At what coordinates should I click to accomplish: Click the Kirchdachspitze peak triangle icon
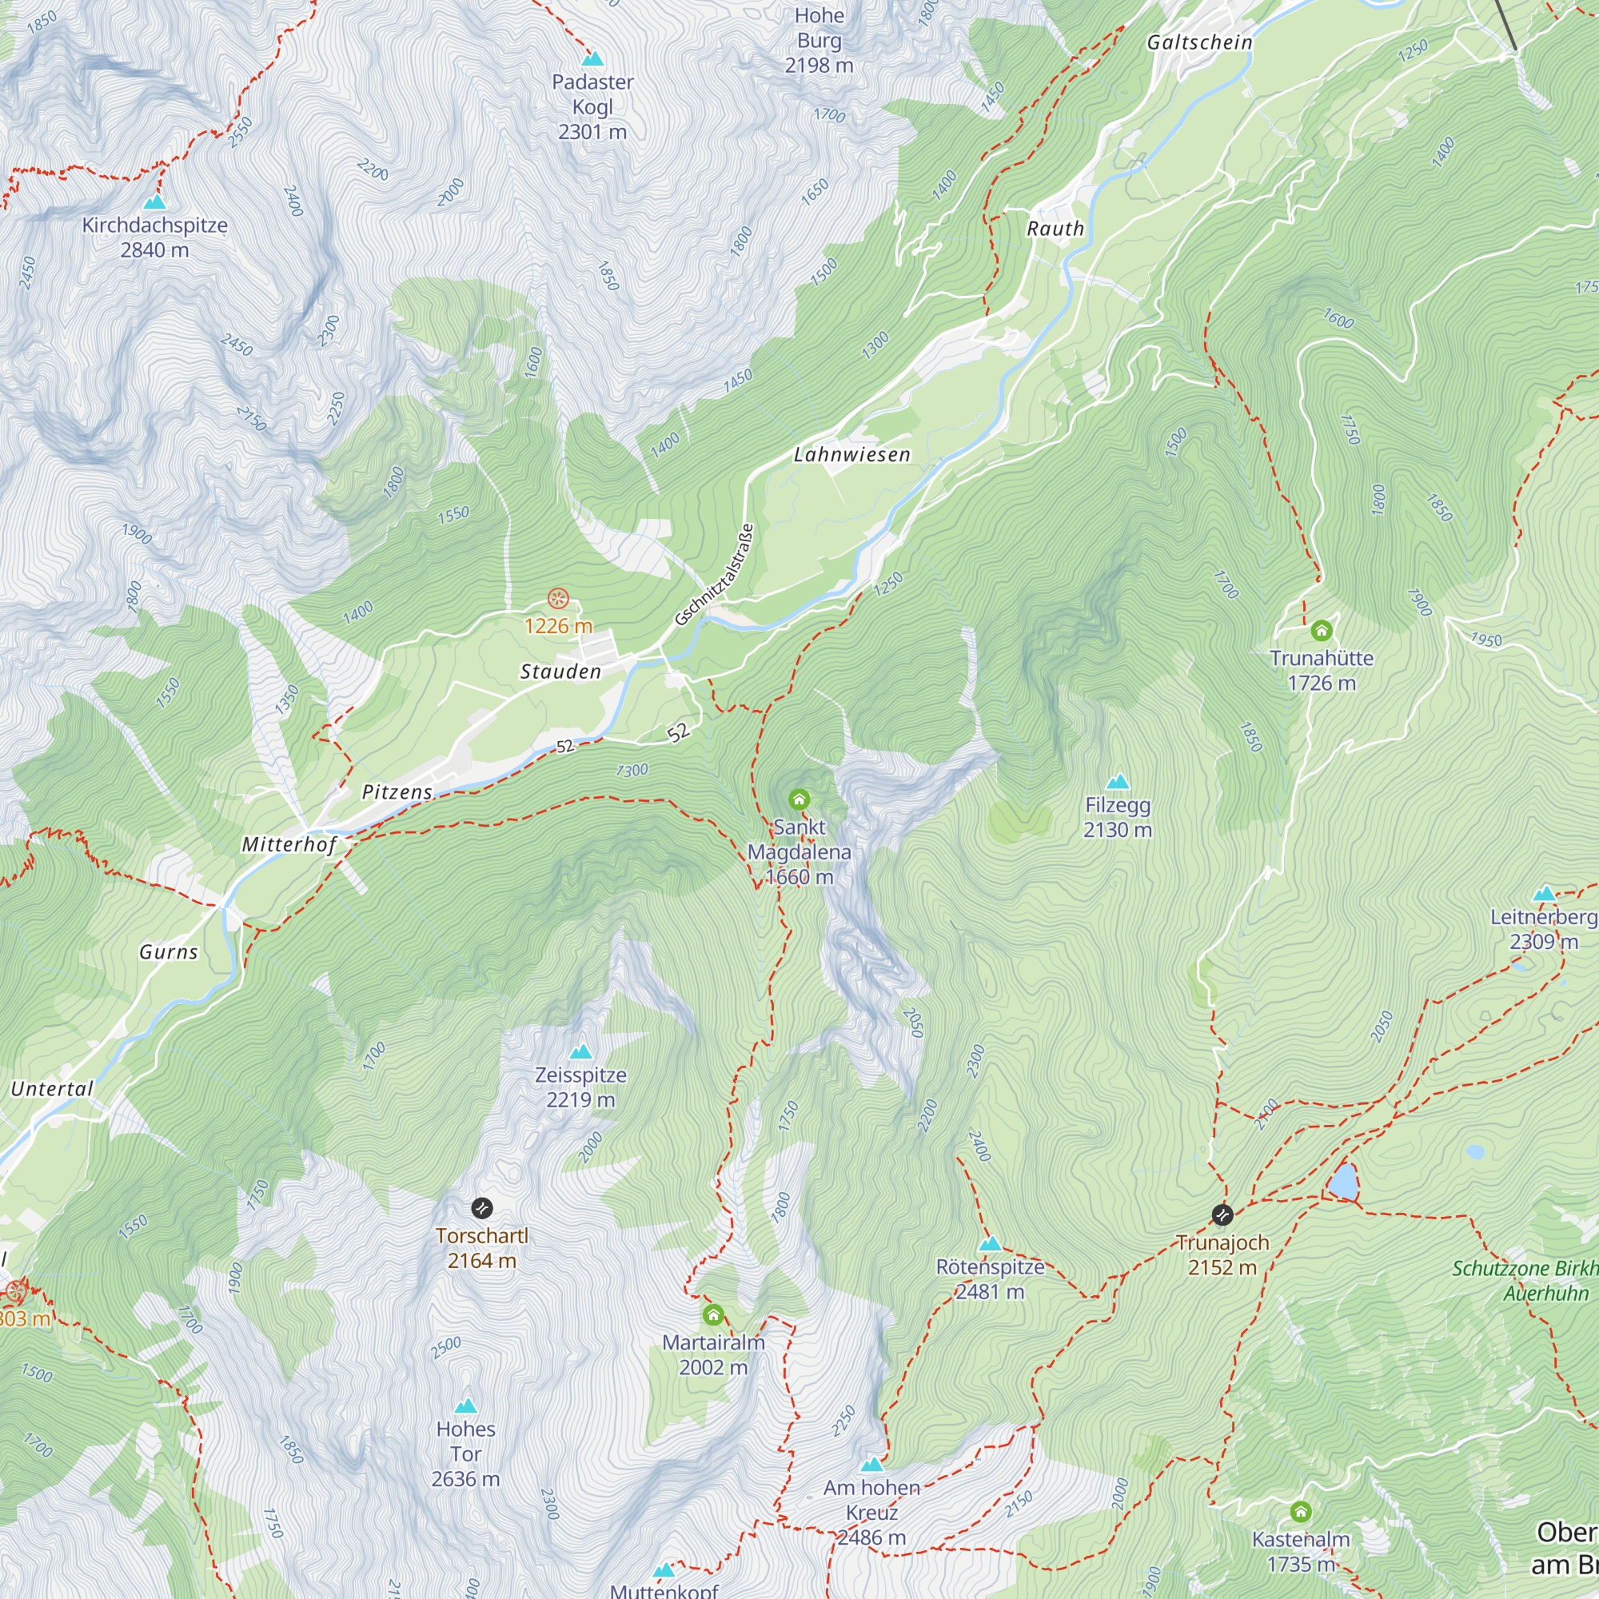pos(154,202)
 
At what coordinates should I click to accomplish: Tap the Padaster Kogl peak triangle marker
pos(592,58)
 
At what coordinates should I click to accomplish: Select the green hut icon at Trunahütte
pos(1322,631)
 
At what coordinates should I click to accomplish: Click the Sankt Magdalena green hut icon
pos(799,799)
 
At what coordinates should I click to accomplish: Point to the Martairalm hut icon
pos(713,1314)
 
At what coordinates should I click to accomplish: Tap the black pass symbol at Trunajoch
pos(1222,1215)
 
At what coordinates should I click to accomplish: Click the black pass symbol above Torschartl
pos(481,1208)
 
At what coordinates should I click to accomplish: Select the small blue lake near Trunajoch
pos(1343,1182)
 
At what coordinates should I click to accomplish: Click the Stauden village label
pos(560,672)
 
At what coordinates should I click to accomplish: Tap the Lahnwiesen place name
pos(851,454)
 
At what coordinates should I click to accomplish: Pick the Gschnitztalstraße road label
pos(714,574)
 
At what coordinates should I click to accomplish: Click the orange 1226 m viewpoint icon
pos(559,597)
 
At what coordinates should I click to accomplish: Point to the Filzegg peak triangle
pos(1118,781)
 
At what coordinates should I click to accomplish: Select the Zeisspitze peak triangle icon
pos(581,1052)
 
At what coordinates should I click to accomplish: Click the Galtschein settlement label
pos(1199,42)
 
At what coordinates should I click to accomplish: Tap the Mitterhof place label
pos(289,844)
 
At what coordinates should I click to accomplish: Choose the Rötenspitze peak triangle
pos(990,1244)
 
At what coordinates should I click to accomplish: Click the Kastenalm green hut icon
pos(1300,1512)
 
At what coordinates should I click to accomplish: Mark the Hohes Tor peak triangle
pos(466,1406)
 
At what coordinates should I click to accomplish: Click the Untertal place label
pos(52,1088)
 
